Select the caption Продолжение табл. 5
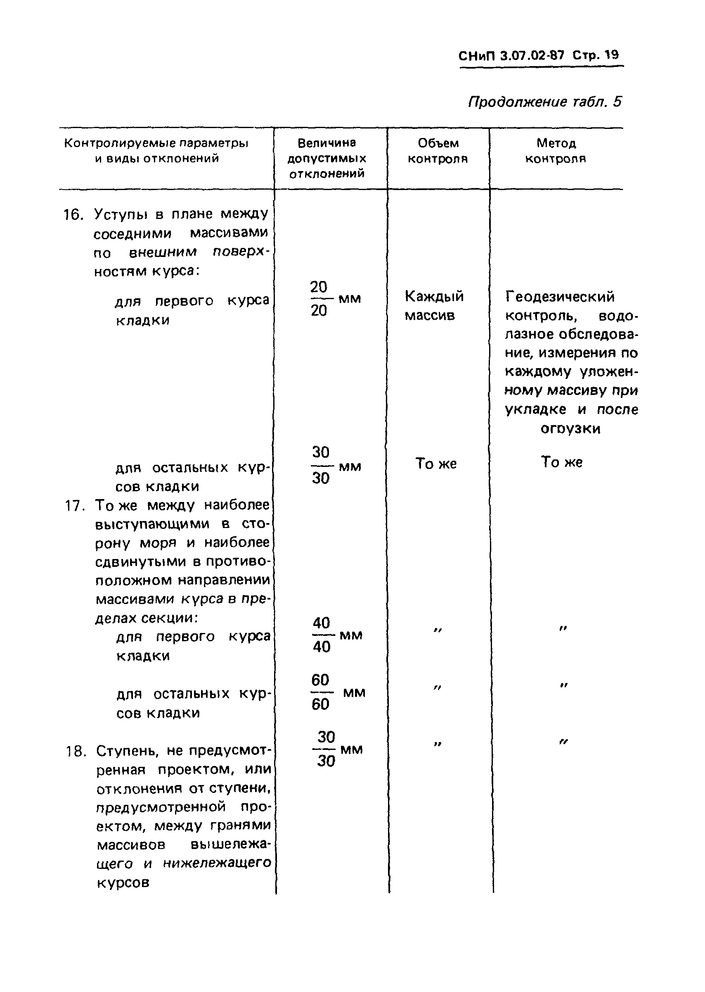click(x=545, y=102)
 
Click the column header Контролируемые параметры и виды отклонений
click(x=156, y=150)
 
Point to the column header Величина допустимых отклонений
click(x=326, y=158)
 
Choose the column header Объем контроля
click(x=438, y=151)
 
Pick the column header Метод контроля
click(x=556, y=151)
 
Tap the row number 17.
click(x=74, y=506)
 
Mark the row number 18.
click(x=76, y=751)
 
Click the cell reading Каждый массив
click(x=434, y=305)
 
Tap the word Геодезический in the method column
click(x=560, y=297)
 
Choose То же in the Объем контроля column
click(x=436, y=464)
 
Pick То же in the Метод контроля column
click(x=561, y=462)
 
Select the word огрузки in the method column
click(x=570, y=429)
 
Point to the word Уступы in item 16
click(x=121, y=214)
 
